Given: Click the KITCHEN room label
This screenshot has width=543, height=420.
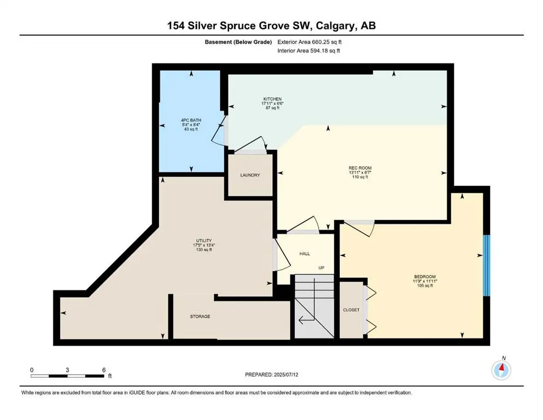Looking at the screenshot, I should click(x=272, y=99).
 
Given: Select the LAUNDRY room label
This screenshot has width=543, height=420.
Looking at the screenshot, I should click(x=250, y=175).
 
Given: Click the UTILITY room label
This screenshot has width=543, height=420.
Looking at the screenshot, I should click(x=204, y=240).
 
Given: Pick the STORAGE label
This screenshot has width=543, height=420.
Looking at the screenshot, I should click(x=200, y=317).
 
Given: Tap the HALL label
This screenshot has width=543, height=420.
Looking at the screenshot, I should click(x=305, y=254).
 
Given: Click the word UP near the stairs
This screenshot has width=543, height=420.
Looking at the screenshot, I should click(x=323, y=267).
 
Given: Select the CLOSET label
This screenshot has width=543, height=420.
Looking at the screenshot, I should click(x=351, y=310).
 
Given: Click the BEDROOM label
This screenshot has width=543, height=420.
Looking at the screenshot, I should click(x=425, y=276).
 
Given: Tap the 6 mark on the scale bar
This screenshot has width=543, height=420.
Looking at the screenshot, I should click(x=103, y=370).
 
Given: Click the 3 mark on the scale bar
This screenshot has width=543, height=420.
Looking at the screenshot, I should click(x=67, y=370).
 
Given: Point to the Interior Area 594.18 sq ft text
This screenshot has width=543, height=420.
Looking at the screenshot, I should click(x=310, y=51).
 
